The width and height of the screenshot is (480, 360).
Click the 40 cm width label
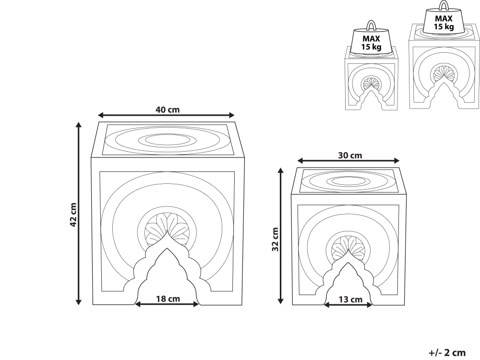168,109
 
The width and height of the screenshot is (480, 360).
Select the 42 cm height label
73,215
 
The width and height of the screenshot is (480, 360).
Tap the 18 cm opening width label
168,299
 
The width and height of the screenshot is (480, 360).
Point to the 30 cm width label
350,155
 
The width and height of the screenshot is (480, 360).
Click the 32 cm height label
275,240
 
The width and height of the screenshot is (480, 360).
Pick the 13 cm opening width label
350,300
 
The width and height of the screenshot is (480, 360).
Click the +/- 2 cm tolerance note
447,353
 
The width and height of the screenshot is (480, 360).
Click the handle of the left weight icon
371,25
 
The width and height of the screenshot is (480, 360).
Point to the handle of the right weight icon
443,5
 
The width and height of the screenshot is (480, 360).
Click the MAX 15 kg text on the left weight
371,43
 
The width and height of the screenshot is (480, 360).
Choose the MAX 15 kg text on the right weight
444,23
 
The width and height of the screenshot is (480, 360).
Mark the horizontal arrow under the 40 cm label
166,115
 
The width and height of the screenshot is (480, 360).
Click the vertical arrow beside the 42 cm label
79,214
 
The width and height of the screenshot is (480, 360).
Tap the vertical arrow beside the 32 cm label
280,236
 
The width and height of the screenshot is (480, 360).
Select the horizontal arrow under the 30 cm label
348,161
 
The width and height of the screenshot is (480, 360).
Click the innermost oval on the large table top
167,140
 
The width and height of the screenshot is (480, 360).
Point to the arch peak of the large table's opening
167,248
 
